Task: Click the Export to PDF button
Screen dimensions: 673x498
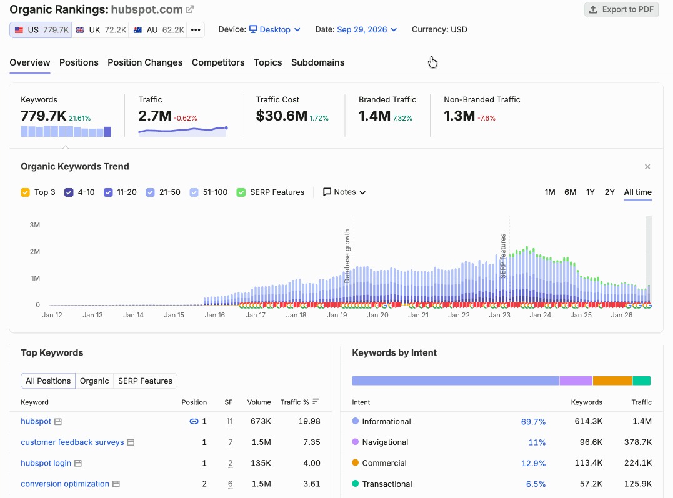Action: [x=621, y=9]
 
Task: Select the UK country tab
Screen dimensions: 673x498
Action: [x=101, y=30]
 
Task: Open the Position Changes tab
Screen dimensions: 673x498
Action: [x=145, y=62]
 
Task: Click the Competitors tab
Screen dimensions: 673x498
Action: [x=218, y=62]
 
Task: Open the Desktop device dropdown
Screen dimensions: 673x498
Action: [x=275, y=29]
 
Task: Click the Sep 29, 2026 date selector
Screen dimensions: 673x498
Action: [x=367, y=29]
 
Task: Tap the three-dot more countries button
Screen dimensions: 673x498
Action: [x=196, y=30]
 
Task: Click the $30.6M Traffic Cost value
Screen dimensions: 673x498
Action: [x=282, y=116]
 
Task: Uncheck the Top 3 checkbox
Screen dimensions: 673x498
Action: [x=26, y=192]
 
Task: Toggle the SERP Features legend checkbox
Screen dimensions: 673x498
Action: [x=241, y=192]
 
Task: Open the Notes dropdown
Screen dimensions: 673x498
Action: [x=344, y=192]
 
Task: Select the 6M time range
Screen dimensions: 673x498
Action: [x=570, y=192]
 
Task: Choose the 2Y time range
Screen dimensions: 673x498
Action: [x=609, y=192]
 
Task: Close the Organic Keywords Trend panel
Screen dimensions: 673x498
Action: [x=647, y=167]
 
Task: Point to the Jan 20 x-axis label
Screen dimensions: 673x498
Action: [x=377, y=315]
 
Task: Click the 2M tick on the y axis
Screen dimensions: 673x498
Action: [x=35, y=252]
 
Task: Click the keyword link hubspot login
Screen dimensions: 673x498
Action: [x=46, y=463]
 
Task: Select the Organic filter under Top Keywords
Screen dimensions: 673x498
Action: [x=94, y=381]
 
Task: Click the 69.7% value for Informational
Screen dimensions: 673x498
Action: [x=533, y=422]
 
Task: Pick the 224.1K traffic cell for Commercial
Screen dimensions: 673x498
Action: [x=638, y=463]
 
